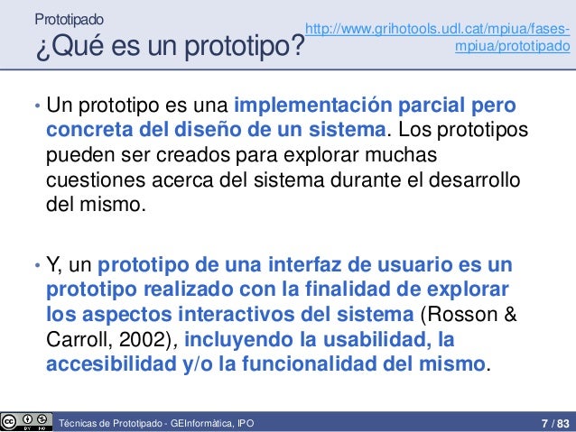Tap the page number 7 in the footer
click(543, 422)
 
